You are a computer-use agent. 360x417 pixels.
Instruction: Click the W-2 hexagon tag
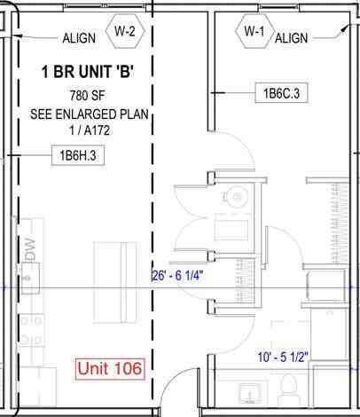[125, 32]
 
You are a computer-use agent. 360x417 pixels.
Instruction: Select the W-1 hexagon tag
[254, 32]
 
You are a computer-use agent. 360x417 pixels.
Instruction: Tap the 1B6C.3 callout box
[280, 91]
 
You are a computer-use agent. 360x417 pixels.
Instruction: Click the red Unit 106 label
[111, 367]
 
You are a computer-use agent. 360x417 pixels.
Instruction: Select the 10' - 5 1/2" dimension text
[308, 357]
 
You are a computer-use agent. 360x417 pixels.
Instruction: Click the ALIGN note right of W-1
[292, 38]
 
